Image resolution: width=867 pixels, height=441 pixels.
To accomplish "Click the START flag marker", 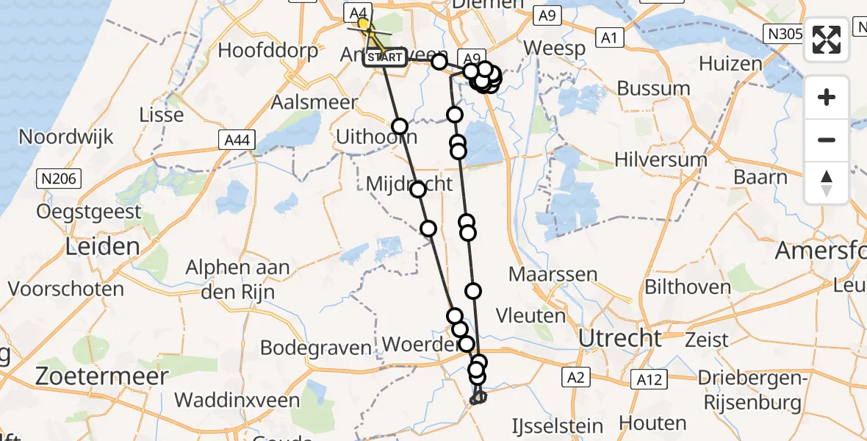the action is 384,57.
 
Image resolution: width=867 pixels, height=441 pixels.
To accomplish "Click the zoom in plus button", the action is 827,97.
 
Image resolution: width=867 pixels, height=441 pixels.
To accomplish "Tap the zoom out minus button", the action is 827,140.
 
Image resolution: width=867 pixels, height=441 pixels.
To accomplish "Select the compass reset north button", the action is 827,182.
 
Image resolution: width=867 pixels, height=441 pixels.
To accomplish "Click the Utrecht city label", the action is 620,338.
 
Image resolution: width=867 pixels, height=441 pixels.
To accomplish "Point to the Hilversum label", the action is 661,159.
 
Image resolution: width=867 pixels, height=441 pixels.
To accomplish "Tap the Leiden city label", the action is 102,246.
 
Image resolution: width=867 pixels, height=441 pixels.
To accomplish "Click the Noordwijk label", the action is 66,137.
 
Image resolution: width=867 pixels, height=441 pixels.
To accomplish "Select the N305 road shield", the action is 783,33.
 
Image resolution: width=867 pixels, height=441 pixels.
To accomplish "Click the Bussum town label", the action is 652,88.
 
